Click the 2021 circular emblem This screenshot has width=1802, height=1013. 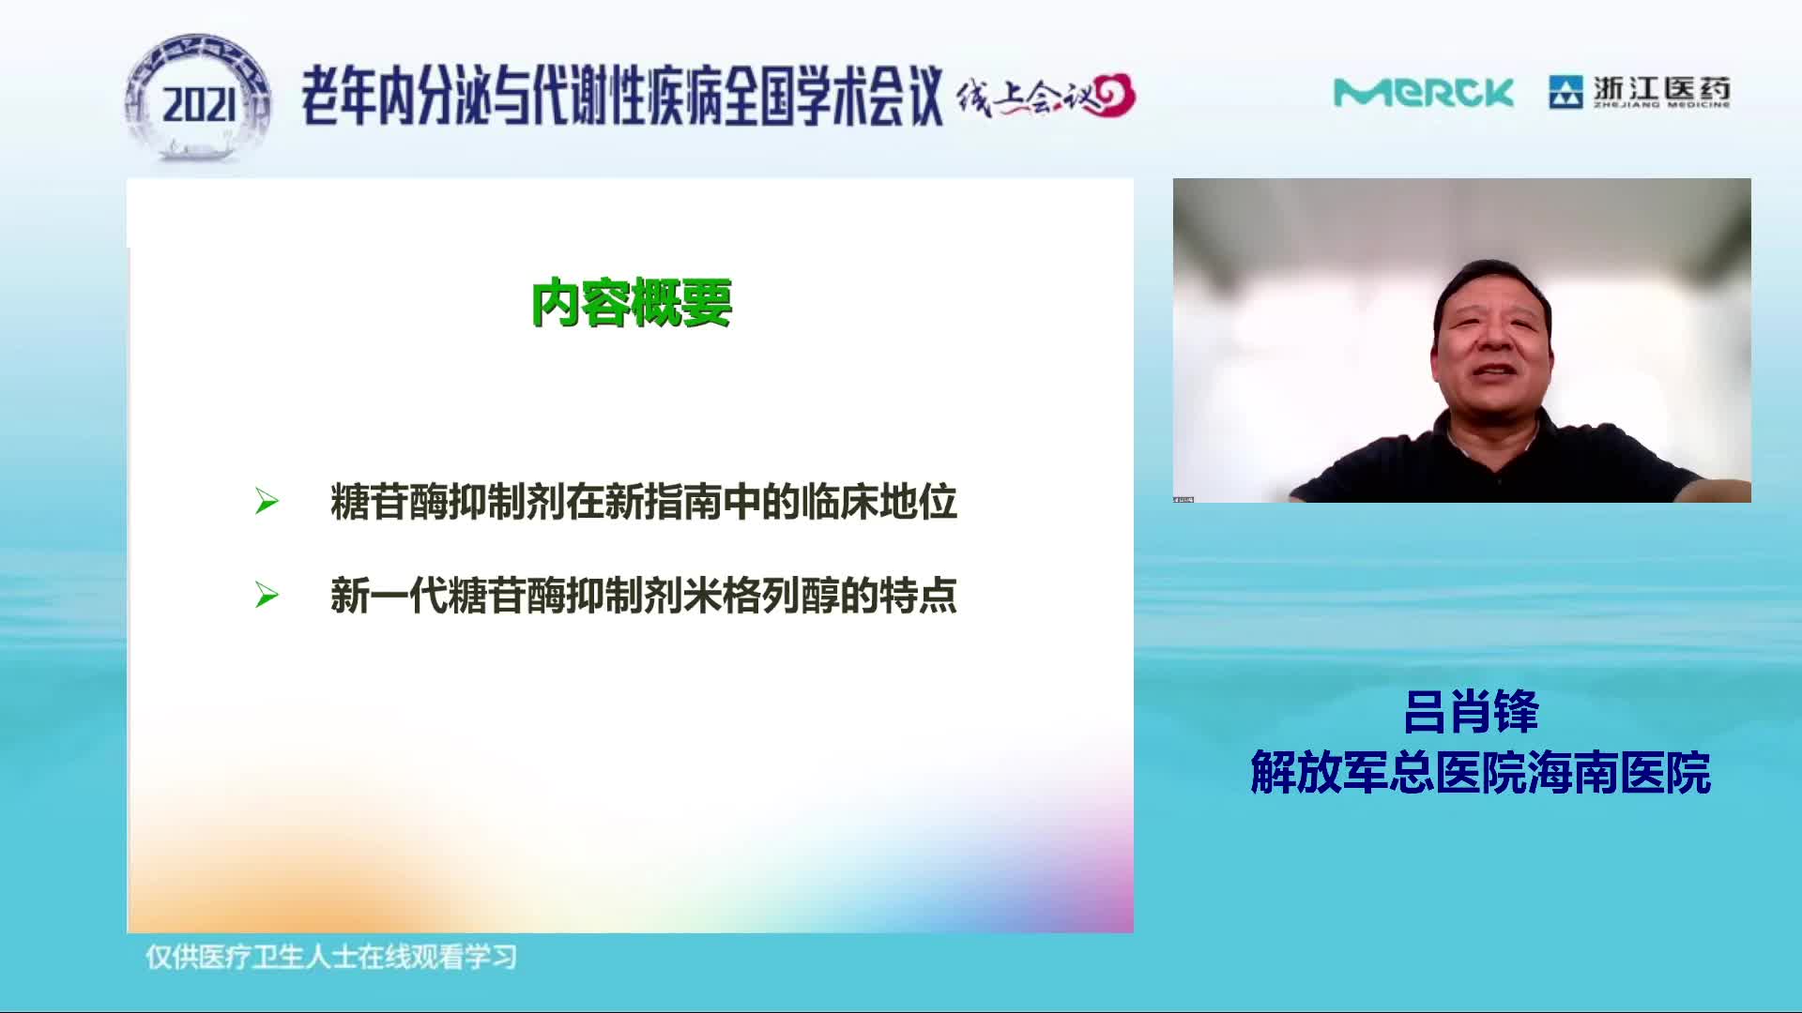[x=198, y=98]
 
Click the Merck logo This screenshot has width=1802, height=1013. [x=1423, y=93]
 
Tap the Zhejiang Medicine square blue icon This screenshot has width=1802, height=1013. [x=1565, y=92]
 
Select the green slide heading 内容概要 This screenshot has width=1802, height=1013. [x=632, y=302]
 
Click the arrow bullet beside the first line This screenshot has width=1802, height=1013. [x=267, y=502]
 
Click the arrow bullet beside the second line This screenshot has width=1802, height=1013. [x=267, y=596]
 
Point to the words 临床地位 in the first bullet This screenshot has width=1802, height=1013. [x=878, y=502]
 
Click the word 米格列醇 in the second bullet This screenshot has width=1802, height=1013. [x=761, y=596]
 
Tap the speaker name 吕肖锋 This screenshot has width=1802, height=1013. [x=1471, y=712]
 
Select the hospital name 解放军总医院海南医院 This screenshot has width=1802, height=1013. [x=1480, y=773]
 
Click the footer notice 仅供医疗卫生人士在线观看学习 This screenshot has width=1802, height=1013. [x=331, y=957]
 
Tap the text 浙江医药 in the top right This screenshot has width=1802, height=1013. [x=1661, y=88]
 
